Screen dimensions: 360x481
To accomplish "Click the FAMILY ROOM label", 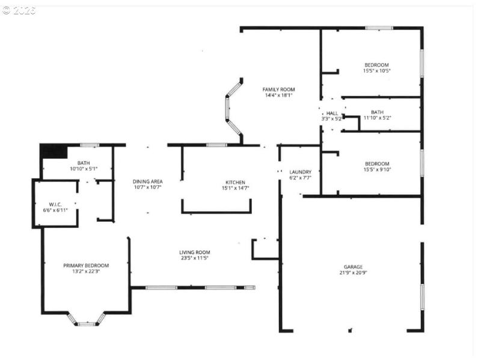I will click(x=278, y=90).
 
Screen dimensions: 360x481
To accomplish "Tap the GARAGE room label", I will click(x=353, y=267).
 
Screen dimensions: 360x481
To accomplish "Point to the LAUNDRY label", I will click(x=300, y=172).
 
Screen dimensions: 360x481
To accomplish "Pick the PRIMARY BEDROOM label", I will click(x=86, y=266).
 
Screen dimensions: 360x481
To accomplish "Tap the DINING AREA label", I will click(x=147, y=182).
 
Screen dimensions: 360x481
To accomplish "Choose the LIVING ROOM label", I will click(x=194, y=252).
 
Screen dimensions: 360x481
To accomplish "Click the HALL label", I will click(x=332, y=113).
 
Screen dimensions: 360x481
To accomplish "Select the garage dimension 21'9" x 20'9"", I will click(x=353, y=273).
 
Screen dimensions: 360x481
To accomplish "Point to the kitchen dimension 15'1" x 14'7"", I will click(x=235, y=189).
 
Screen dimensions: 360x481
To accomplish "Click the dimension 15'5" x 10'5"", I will click(x=376, y=71).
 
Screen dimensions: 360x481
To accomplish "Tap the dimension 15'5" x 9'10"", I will click(x=376, y=169).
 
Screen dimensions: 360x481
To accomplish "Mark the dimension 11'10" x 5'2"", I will click(x=377, y=118).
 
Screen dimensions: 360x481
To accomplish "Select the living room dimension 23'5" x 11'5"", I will click(x=194, y=258).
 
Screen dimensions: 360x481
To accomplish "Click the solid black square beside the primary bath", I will click(x=53, y=151).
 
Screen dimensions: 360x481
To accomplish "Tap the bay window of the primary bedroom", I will click(x=87, y=320).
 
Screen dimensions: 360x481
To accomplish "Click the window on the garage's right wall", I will click(x=422, y=296).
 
